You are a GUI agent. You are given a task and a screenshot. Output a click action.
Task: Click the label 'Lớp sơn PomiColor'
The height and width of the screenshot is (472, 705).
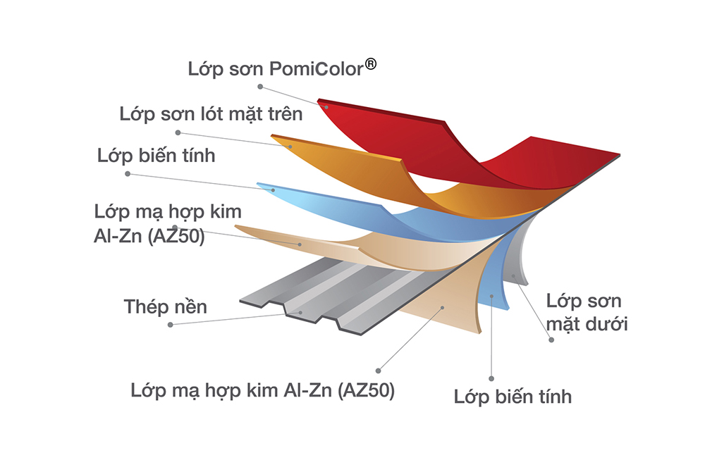coord(275,69)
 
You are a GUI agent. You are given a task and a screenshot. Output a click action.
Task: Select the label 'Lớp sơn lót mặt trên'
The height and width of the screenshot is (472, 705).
coord(211,113)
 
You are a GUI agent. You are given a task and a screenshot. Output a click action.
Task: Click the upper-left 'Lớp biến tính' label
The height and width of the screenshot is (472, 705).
coord(157,156)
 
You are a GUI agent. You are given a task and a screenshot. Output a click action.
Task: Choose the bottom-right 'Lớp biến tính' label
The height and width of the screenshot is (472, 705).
coord(513,397)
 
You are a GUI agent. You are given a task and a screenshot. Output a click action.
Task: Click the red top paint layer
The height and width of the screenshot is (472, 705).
coord(395,137)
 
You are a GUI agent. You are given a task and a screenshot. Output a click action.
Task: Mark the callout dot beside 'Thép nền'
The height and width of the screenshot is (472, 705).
coord(171,324)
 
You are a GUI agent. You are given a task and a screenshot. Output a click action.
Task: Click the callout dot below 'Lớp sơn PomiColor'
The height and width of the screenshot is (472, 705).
coord(260,87)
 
